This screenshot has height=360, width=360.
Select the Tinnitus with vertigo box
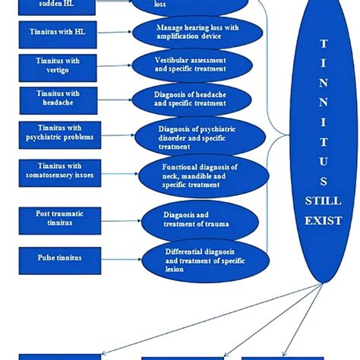[58, 64]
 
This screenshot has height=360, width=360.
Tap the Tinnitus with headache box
[58, 98]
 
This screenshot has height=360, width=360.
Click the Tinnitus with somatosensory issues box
[58, 171]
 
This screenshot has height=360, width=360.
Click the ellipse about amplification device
[199, 32]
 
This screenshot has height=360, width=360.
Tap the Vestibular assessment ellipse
[199, 65]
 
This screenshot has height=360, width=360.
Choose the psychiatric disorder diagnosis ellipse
[199, 137]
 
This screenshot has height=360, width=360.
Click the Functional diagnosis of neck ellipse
[199, 176]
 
